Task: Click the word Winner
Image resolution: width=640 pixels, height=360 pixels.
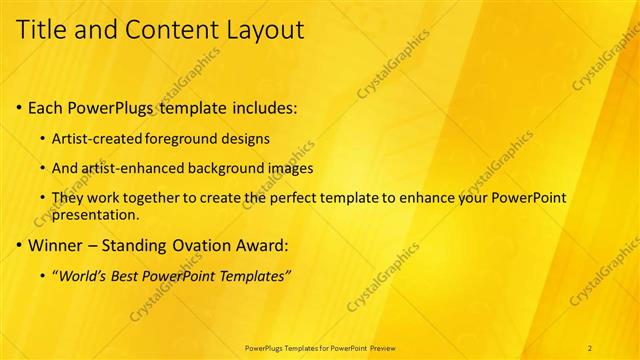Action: coord(56,244)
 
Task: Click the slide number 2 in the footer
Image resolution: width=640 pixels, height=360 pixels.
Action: coord(590,347)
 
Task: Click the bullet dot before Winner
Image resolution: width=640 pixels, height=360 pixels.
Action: coord(20,244)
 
